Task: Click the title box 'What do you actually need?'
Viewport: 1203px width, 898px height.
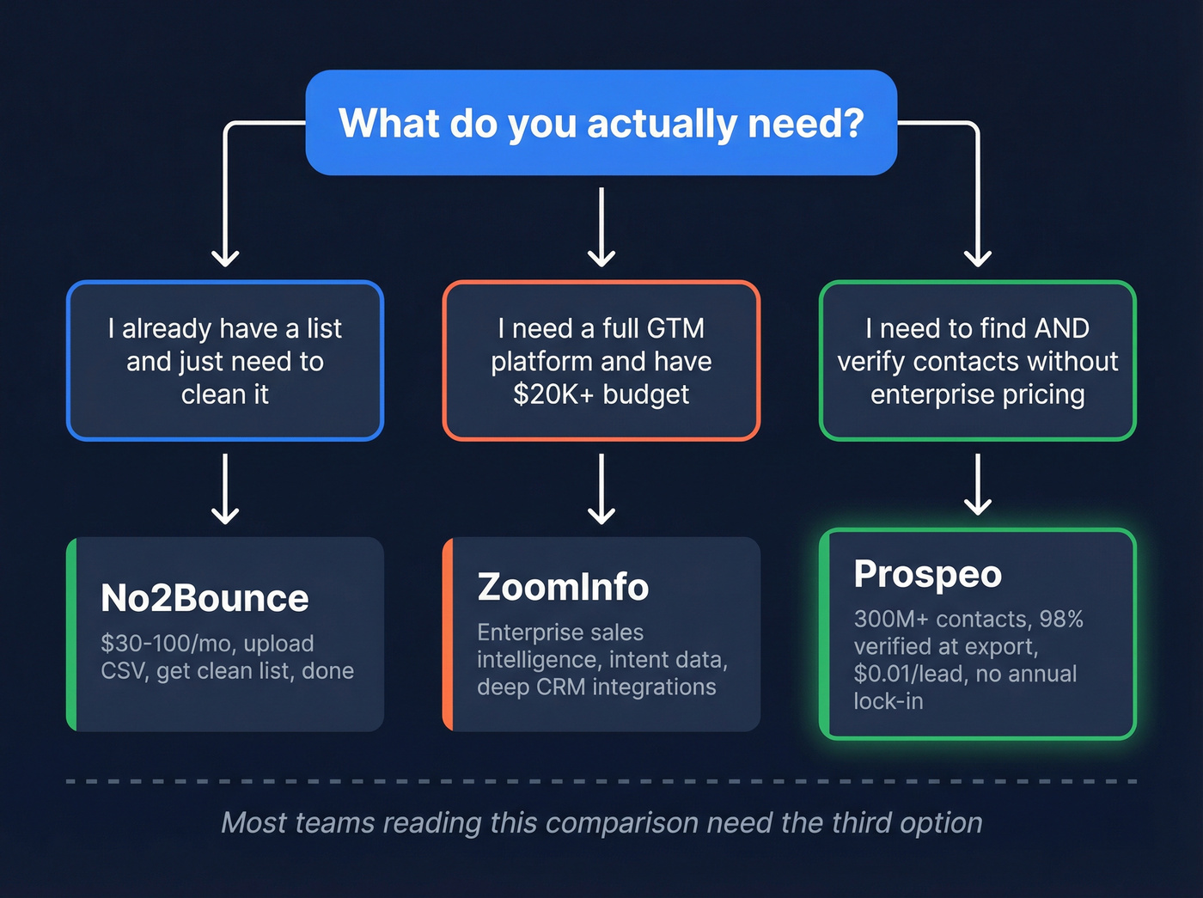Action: pyautogui.click(x=601, y=123)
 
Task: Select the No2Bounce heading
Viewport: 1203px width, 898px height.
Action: pyautogui.click(x=205, y=598)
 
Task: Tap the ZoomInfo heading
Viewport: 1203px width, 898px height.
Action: pyautogui.click(x=563, y=587)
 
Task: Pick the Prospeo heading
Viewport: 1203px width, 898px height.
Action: pyautogui.click(x=927, y=574)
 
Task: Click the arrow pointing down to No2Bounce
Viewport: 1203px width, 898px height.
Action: pyautogui.click(x=225, y=489)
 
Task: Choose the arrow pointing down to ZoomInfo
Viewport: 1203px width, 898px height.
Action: pyautogui.click(x=601, y=489)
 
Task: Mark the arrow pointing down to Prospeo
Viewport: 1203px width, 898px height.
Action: pyautogui.click(x=978, y=485)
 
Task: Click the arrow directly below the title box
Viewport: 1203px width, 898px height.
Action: pyautogui.click(x=601, y=228)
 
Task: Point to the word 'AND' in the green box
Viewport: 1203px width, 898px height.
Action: pyautogui.click(x=1062, y=328)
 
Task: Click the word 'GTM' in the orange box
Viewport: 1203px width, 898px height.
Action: pyautogui.click(x=675, y=328)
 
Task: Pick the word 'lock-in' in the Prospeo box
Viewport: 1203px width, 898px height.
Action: pyautogui.click(x=888, y=701)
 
